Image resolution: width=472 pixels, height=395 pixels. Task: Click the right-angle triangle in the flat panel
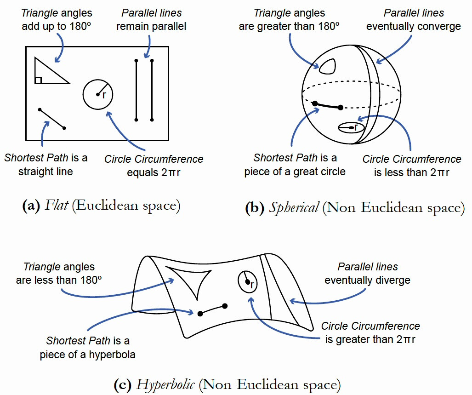(46, 74)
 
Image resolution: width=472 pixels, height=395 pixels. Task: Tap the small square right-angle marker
(38, 80)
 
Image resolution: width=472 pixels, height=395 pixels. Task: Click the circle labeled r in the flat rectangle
(98, 94)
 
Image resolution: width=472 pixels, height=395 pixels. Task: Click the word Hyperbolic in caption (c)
(167, 384)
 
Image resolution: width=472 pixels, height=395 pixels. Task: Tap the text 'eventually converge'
(413, 26)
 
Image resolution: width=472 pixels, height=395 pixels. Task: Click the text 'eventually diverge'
(367, 280)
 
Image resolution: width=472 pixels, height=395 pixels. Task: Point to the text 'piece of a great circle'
(295, 172)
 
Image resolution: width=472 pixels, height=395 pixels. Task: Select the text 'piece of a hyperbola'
(87, 355)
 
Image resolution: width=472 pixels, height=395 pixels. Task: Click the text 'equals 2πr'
(154, 173)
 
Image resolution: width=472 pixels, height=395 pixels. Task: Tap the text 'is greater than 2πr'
(370, 340)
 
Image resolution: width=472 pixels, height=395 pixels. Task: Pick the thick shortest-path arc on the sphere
(327, 106)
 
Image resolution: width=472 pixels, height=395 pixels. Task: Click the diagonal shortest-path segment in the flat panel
(52, 119)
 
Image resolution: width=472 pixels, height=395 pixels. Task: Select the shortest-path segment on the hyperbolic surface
(212, 309)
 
